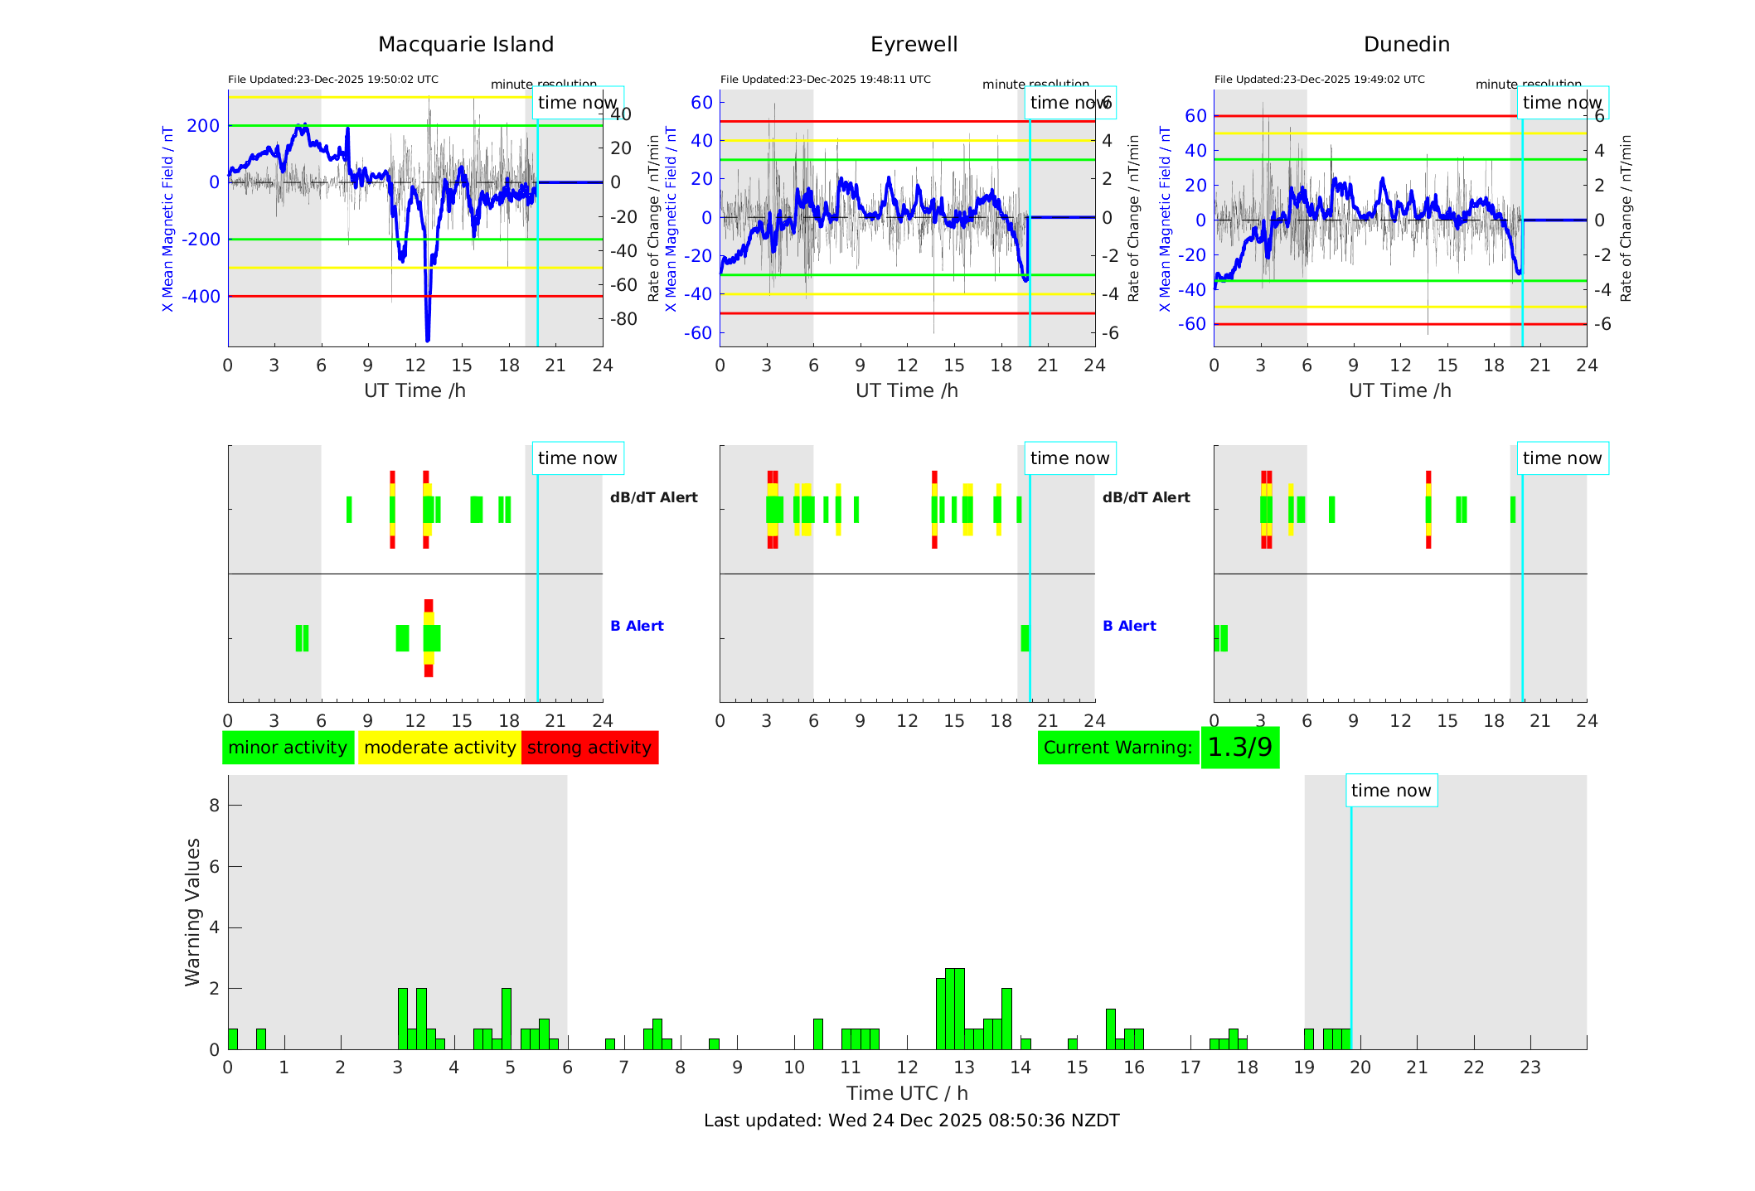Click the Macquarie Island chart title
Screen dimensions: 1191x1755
click(465, 45)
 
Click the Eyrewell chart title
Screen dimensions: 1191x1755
click(914, 45)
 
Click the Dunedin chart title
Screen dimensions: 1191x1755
click(1406, 45)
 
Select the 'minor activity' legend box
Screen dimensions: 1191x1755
click(288, 748)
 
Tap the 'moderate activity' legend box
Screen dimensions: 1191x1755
click(439, 748)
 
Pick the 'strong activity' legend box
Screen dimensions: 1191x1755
click(589, 748)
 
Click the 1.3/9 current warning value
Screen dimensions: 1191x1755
click(1239, 748)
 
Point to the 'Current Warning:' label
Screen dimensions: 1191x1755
click(1117, 748)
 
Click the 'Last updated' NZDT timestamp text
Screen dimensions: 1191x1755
click(911, 1121)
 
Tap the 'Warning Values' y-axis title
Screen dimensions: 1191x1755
click(193, 912)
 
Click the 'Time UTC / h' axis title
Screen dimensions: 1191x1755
click(907, 1093)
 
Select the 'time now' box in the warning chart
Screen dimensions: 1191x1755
click(1391, 791)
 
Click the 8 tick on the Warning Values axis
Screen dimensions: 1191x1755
click(215, 805)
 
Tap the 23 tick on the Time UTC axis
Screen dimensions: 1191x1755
click(1530, 1068)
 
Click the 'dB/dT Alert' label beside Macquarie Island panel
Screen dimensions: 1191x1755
click(653, 497)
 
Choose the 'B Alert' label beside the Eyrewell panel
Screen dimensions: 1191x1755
click(1128, 626)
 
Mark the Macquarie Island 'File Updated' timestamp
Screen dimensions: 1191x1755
click(333, 80)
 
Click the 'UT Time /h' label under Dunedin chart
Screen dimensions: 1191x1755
click(1399, 390)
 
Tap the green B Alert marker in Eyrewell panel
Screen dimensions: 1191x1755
click(1025, 638)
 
